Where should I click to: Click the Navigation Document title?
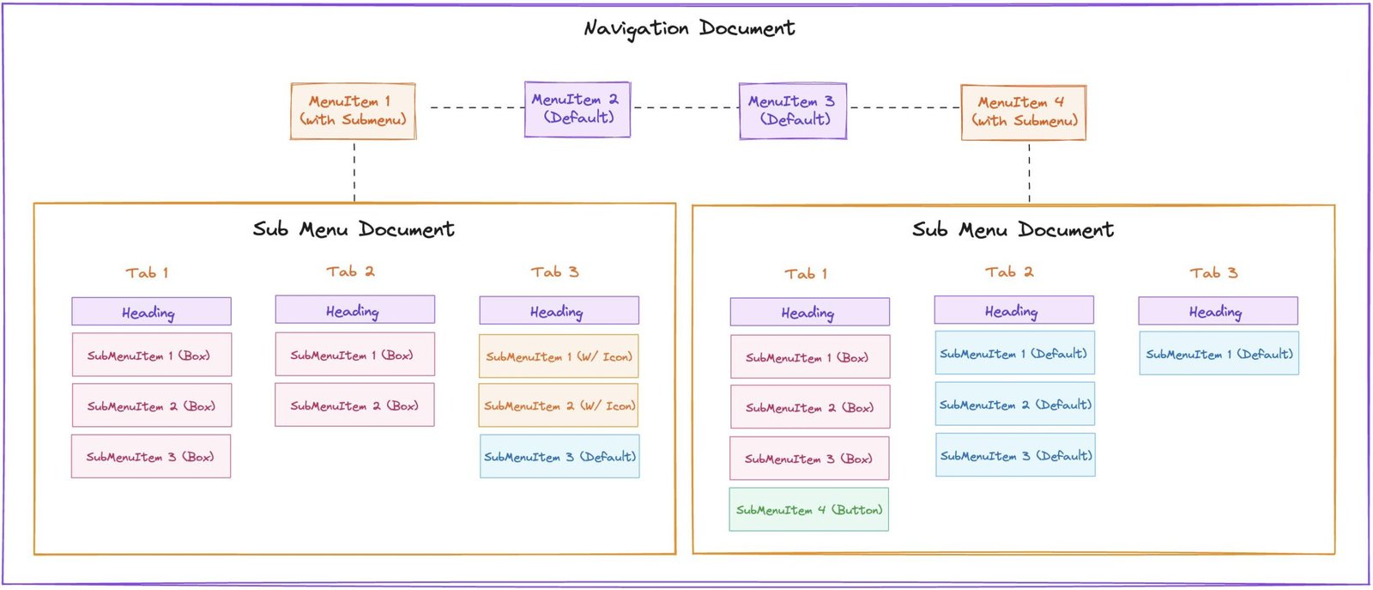coord(689,28)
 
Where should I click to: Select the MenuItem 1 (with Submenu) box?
coord(353,111)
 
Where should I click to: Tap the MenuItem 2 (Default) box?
coord(578,109)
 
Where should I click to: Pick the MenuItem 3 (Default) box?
coord(792,111)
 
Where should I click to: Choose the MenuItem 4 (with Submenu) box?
coord(1023,112)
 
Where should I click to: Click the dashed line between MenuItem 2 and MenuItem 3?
coord(685,107)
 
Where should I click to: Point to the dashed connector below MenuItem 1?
coord(354,172)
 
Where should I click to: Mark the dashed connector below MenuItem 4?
coord(1029,173)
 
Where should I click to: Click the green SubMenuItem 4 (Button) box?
coord(808,509)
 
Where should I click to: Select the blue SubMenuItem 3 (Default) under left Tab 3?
coord(559,457)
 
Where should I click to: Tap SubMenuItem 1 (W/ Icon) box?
coord(559,356)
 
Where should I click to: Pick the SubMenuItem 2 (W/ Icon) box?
coord(559,406)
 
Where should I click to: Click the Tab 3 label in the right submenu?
coord(1213,273)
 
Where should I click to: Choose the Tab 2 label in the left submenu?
coord(350,271)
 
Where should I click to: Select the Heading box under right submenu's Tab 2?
coord(1013,310)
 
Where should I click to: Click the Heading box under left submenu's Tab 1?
coord(151,311)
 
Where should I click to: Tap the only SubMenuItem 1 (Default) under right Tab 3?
coord(1219,354)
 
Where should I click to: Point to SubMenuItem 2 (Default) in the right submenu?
coord(1015,404)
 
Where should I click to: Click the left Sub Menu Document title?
coord(354,229)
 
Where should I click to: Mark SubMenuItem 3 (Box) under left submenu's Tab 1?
coord(151,457)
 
